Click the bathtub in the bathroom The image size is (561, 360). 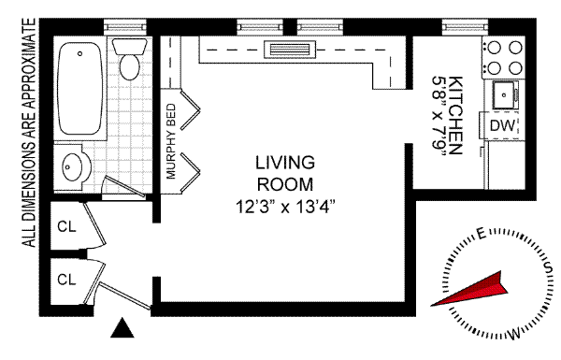(x=79, y=88)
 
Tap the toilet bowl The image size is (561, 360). (x=130, y=66)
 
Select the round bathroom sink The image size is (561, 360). (x=72, y=166)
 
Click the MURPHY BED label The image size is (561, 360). (x=171, y=141)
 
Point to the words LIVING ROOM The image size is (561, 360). (x=285, y=174)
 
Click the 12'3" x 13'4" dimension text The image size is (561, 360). (x=285, y=207)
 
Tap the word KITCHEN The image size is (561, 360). (x=455, y=115)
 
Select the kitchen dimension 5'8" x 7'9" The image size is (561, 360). (x=439, y=116)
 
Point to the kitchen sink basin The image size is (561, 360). (x=505, y=94)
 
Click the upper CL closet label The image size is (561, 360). (x=67, y=226)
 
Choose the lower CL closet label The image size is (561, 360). (x=67, y=280)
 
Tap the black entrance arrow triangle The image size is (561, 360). (x=122, y=328)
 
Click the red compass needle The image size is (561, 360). (x=469, y=290)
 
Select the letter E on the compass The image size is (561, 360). (x=482, y=234)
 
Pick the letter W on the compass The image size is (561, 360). (x=514, y=335)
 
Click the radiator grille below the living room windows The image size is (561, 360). (x=290, y=50)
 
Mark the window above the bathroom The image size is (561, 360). (x=125, y=27)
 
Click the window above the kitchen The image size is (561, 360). (x=465, y=27)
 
